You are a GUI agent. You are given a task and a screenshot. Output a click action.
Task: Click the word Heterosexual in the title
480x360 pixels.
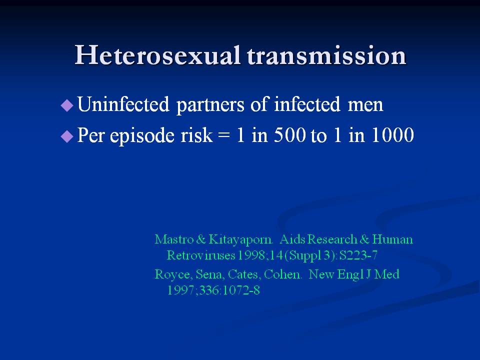[x=157, y=55]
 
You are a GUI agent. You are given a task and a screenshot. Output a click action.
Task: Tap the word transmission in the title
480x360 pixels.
[x=326, y=55]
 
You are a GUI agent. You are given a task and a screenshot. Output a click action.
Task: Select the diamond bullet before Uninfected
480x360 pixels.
[x=67, y=105]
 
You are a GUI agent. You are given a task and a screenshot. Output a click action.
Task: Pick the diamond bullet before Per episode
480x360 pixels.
[x=67, y=136]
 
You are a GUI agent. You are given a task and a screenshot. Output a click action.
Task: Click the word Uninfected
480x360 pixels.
[x=123, y=104]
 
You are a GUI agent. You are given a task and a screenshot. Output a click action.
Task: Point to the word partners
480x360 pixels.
[x=210, y=105]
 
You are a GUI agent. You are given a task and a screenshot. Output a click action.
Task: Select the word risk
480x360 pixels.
[x=196, y=134]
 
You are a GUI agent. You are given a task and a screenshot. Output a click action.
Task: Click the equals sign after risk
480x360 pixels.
[x=224, y=136]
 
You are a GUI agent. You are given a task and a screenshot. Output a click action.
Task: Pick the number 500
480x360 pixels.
[x=289, y=135]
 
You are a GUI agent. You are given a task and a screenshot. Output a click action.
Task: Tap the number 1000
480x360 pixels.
[x=392, y=135]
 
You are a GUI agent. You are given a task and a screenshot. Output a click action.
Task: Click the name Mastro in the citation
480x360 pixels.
[x=174, y=239]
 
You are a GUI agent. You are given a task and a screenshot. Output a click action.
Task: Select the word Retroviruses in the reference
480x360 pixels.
[x=201, y=255]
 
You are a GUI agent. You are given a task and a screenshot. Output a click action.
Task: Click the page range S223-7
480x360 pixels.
[x=358, y=255]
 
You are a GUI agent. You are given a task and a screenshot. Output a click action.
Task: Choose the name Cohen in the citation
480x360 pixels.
[x=282, y=274]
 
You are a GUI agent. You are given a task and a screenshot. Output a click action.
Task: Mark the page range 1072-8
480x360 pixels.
[x=241, y=290]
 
